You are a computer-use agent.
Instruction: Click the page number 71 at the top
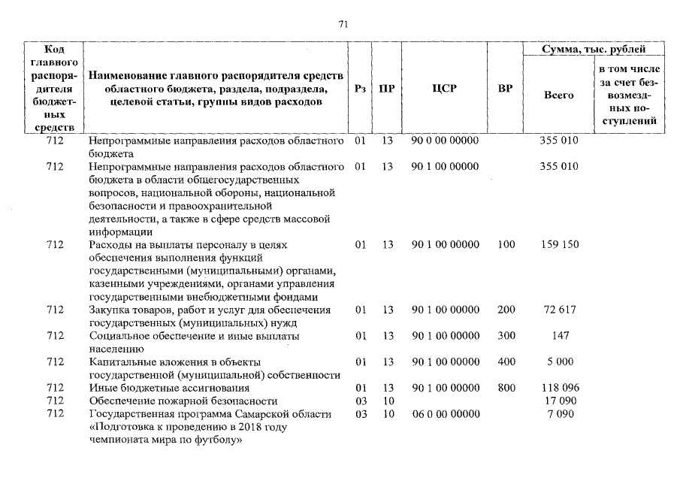(343, 24)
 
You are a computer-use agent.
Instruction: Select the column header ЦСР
(445, 89)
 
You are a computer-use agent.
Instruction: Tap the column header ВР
(506, 89)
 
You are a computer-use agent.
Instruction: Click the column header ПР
(387, 89)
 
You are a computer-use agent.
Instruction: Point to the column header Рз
(360, 89)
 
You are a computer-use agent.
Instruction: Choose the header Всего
(558, 95)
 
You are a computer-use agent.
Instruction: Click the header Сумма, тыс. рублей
(594, 50)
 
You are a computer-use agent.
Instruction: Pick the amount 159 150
(559, 245)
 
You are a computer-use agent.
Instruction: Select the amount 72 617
(559, 310)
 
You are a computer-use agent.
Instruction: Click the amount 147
(559, 336)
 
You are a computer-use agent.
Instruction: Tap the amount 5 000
(560, 362)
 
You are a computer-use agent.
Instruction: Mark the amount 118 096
(559, 388)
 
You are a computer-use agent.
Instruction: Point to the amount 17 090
(560, 401)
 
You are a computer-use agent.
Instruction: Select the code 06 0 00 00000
(445, 415)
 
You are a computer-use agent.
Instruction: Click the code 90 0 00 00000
(445, 141)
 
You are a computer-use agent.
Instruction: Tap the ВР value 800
(506, 388)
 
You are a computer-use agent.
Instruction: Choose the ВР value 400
(506, 362)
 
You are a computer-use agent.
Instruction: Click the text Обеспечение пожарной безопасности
(183, 401)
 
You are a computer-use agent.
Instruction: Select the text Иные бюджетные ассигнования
(168, 388)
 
